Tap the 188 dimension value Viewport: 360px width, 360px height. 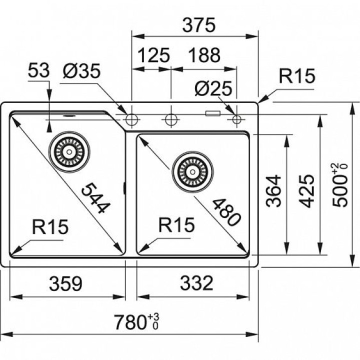click(x=204, y=55)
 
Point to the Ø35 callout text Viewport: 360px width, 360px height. click(x=81, y=71)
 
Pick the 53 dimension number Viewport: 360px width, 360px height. click(x=38, y=71)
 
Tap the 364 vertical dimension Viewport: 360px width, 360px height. click(x=274, y=191)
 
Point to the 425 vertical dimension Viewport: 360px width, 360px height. click(x=306, y=191)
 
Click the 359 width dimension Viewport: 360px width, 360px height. click(x=65, y=284)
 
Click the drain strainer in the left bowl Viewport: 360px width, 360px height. click(x=70, y=149)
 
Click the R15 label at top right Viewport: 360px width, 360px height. click(x=297, y=76)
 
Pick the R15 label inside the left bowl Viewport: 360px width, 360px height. click(x=50, y=227)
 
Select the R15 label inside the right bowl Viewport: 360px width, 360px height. click(x=176, y=226)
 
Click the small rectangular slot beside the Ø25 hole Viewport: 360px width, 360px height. click(x=213, y=113)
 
